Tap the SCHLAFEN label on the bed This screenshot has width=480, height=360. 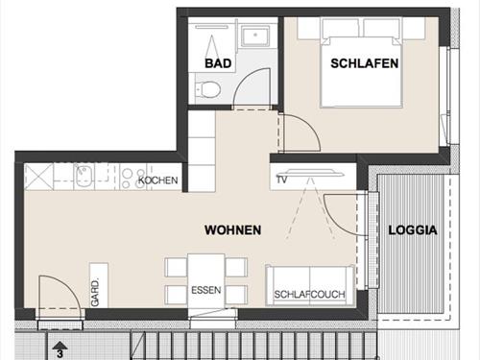pyautogui.click(x=364, y=63)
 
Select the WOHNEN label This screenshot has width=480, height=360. pyautogui.click(x=232, y=230)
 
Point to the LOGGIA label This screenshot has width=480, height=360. pyautogui.click(x=412, y=230)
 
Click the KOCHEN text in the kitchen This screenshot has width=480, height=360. pyautogui.click(x=158, y=180)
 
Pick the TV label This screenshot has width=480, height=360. pyautogui.click(x=282, y=180)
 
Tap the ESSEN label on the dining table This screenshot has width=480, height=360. pyautogui.click(x=205, y=290)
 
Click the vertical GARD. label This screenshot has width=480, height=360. pyautogui.click(x=95, y=291)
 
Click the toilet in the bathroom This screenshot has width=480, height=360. pyautogui.click(x=210, y=89)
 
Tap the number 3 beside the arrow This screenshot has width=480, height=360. pyautogui.click(x=60, y=354)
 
